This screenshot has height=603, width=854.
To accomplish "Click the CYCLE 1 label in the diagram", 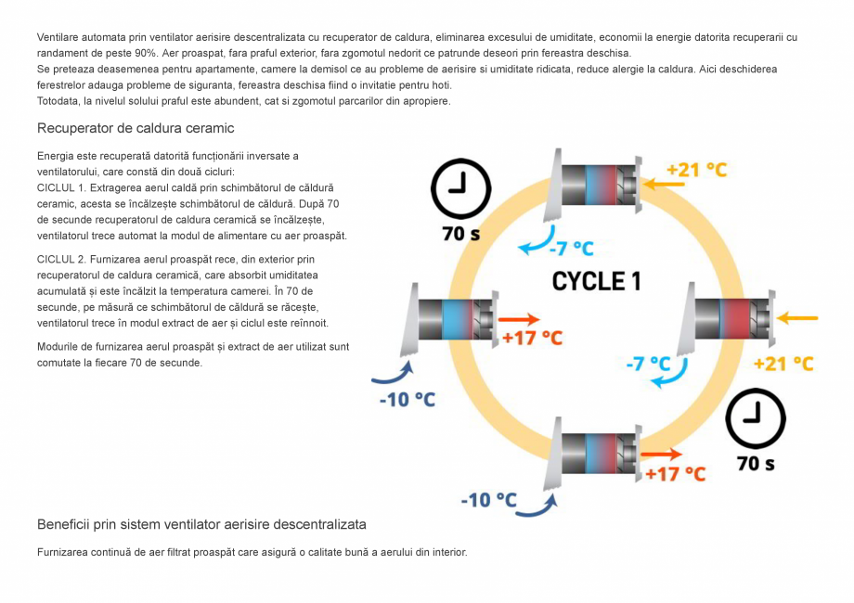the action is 596,281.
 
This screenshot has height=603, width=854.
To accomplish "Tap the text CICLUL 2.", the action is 61,259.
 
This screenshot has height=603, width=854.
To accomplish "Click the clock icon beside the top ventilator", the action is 460,189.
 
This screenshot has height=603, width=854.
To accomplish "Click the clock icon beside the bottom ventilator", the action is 756,419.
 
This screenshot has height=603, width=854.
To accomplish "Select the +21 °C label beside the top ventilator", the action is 696,170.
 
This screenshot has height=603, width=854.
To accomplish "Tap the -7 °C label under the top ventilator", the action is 571,249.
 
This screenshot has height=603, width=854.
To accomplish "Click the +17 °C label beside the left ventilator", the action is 532,338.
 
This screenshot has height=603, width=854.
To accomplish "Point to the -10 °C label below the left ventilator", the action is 408,400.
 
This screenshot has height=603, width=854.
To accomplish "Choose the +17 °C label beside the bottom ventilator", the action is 676,474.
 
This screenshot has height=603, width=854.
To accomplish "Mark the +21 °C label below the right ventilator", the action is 783,364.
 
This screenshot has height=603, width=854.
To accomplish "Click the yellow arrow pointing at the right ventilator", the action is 797,318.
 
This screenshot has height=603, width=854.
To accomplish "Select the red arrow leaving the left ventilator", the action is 520,319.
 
